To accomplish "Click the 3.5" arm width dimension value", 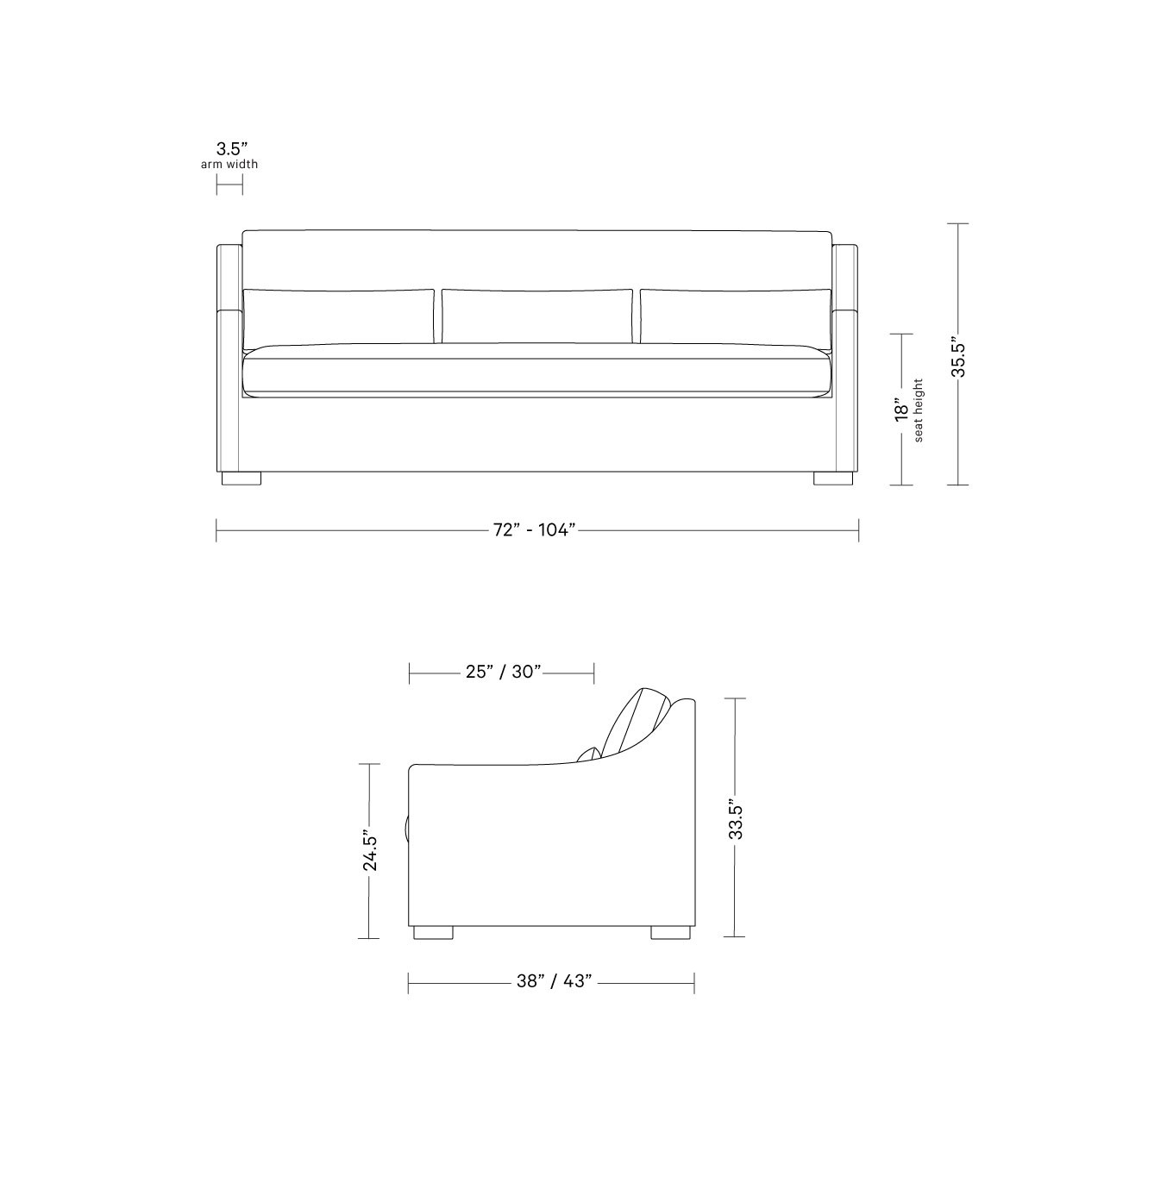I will click(x=229, y=147).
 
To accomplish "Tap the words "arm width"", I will click(x=229, y=164).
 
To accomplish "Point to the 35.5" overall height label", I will click(x=958, y=355).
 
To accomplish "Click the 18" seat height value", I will click(x=901, y=410).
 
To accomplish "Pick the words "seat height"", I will click(x=918, y=410).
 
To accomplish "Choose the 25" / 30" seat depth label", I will click(x=503, y=672).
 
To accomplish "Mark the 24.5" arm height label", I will click(x=369, y=851).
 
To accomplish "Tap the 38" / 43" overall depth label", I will click(x=554, y=981).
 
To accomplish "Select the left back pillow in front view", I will click(x=338, y=316).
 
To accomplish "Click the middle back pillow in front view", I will click(x=536, y=316).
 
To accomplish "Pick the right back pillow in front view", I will click(x=735, y=316).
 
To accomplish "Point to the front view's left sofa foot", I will click(x=241, y=479).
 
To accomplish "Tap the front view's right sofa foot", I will click(x=832, y=479).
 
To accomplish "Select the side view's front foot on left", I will click(x=433, y=932).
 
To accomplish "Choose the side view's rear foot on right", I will click(x=669, y=932).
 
